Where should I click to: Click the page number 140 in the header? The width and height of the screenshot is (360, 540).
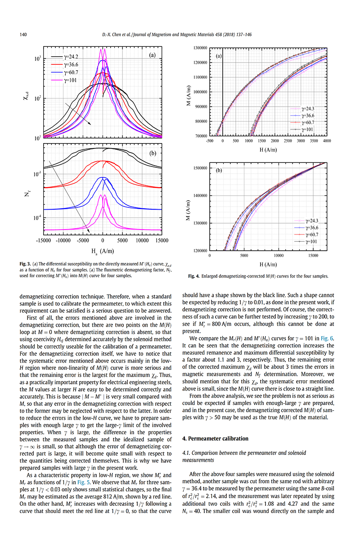pos(23,35)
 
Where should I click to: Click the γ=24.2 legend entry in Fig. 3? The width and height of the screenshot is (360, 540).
pos(65,57)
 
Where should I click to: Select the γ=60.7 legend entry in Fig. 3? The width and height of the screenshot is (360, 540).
pos(65,72)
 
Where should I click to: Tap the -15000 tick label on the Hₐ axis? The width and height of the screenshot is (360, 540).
pos(43,240)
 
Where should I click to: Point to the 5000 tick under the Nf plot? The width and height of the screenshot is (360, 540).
pos(122,240)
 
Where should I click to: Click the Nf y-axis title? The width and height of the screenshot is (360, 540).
pos(27,193)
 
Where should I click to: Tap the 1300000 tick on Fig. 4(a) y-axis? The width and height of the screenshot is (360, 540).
pos(200,48)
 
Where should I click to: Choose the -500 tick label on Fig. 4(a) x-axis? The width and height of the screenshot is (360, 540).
pos(210,141)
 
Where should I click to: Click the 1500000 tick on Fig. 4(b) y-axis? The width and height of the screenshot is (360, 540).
pos(200,168)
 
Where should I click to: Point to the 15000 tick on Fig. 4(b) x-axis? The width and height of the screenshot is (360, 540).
pos(313,256)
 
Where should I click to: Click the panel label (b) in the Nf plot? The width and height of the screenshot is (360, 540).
pos(153,153)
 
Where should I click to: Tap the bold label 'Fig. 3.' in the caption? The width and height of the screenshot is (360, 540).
pos(25,264)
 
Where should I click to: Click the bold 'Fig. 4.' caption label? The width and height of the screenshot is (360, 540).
pos(194,276)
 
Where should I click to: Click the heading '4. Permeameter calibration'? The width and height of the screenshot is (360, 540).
pos(215,438)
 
